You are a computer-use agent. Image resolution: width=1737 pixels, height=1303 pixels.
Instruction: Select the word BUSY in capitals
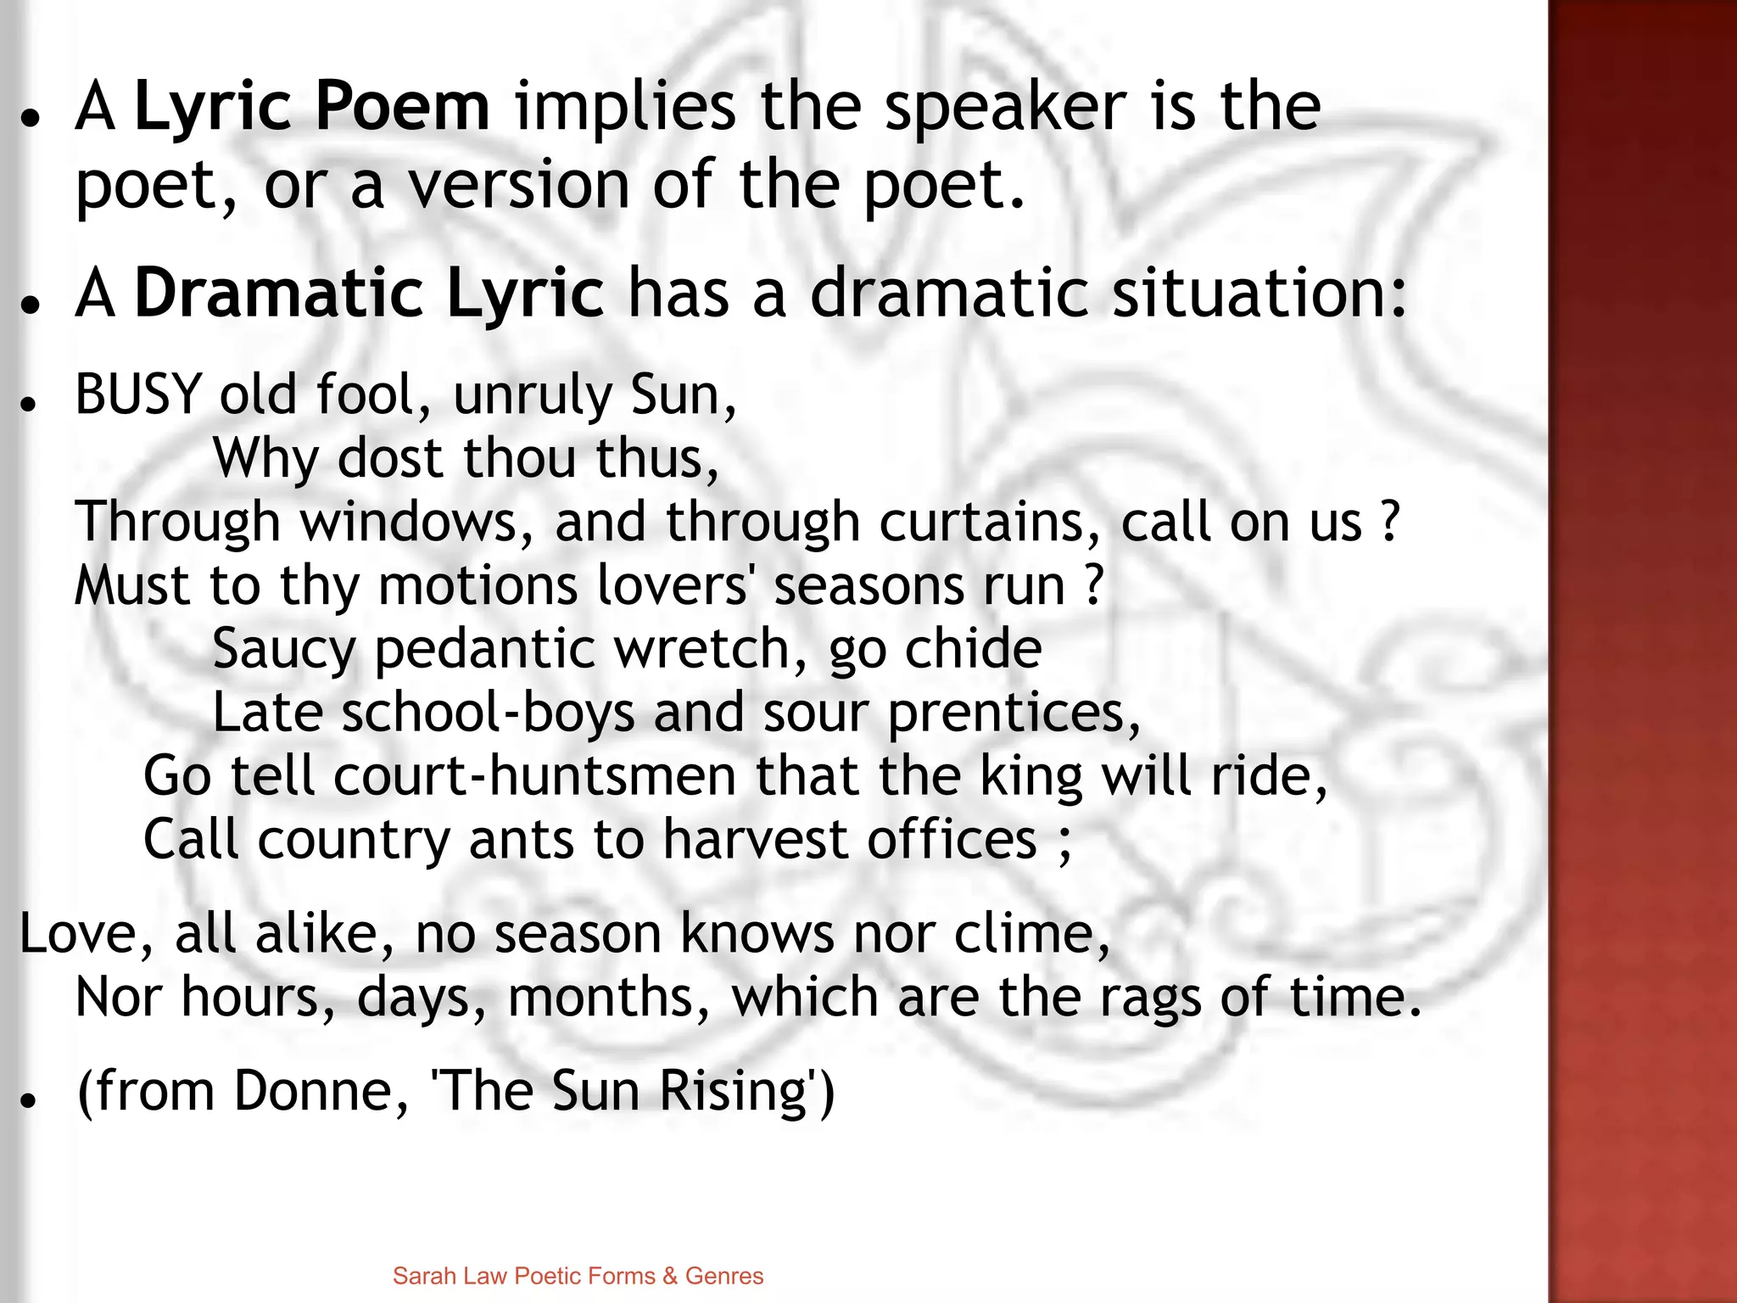point(138,395)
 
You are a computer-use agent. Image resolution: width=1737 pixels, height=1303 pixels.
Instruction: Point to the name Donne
point(321,1091)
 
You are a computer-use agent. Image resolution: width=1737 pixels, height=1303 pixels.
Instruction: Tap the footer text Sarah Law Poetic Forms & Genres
point(578,1276)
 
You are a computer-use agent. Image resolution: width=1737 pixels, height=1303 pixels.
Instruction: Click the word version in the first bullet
point(519,186)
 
